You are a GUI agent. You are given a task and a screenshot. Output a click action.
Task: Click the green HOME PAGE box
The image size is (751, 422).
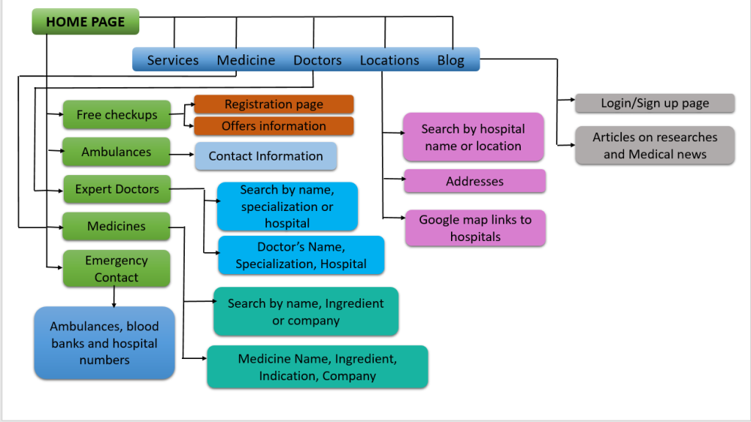tap(85, 21)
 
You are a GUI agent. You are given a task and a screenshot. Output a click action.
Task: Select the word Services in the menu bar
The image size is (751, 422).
tap(172, 60)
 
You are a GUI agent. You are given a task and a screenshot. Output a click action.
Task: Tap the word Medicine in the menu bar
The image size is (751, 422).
tap(246, 60)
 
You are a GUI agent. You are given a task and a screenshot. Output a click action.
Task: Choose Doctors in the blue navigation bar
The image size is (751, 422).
tap(318, 60)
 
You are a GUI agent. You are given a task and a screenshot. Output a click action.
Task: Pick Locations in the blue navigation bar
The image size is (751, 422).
tap(389, 60)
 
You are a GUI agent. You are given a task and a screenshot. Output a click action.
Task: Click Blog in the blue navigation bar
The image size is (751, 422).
tap(450, 60)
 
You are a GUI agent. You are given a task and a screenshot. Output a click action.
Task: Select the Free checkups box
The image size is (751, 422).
tap(116, 115)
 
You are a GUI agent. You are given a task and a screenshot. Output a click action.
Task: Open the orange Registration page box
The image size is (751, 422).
tap(274, 104)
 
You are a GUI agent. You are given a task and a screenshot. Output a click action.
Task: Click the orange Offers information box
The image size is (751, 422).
tap(274, 126)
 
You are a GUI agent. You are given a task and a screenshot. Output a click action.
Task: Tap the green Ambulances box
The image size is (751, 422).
tap(116, 152)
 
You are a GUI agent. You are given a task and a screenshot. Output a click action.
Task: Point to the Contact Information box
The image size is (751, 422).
tap(265, 156)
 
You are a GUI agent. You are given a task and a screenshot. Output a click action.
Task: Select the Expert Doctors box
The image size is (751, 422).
tap(116, 189)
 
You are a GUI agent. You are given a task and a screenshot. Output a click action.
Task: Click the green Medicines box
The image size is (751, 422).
tap(116, 226)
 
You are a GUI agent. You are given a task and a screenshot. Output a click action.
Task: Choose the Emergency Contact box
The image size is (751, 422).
tap(116, 269)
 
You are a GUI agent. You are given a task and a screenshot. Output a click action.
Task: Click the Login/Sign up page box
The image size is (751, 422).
tap(654, 103)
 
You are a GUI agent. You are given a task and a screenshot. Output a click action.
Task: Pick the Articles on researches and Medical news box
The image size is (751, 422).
tap(654, 145)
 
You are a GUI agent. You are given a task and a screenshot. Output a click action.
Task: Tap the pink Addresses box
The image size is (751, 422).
tap(475, 181)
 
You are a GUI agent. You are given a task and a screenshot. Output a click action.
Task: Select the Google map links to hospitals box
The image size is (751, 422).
tap(475, 228)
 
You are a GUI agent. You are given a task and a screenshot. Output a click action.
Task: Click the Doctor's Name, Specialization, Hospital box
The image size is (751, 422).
tap(301, 255)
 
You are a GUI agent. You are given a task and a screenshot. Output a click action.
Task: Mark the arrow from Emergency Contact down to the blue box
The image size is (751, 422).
tap(114, 297)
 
